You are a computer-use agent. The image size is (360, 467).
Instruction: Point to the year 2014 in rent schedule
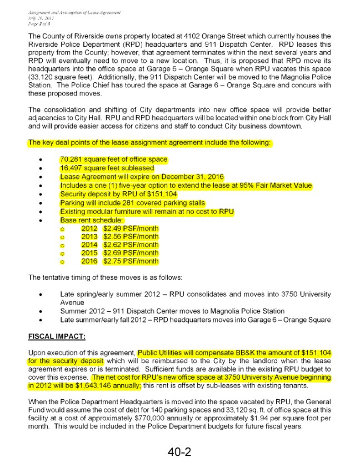[89, 245]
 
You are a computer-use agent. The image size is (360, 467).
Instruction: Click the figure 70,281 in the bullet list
[72, 160]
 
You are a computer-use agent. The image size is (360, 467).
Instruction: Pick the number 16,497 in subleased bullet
[72, 168]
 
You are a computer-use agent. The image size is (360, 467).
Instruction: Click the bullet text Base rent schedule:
[86, 220]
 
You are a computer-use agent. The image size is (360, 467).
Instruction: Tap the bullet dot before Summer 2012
[41, 311]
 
